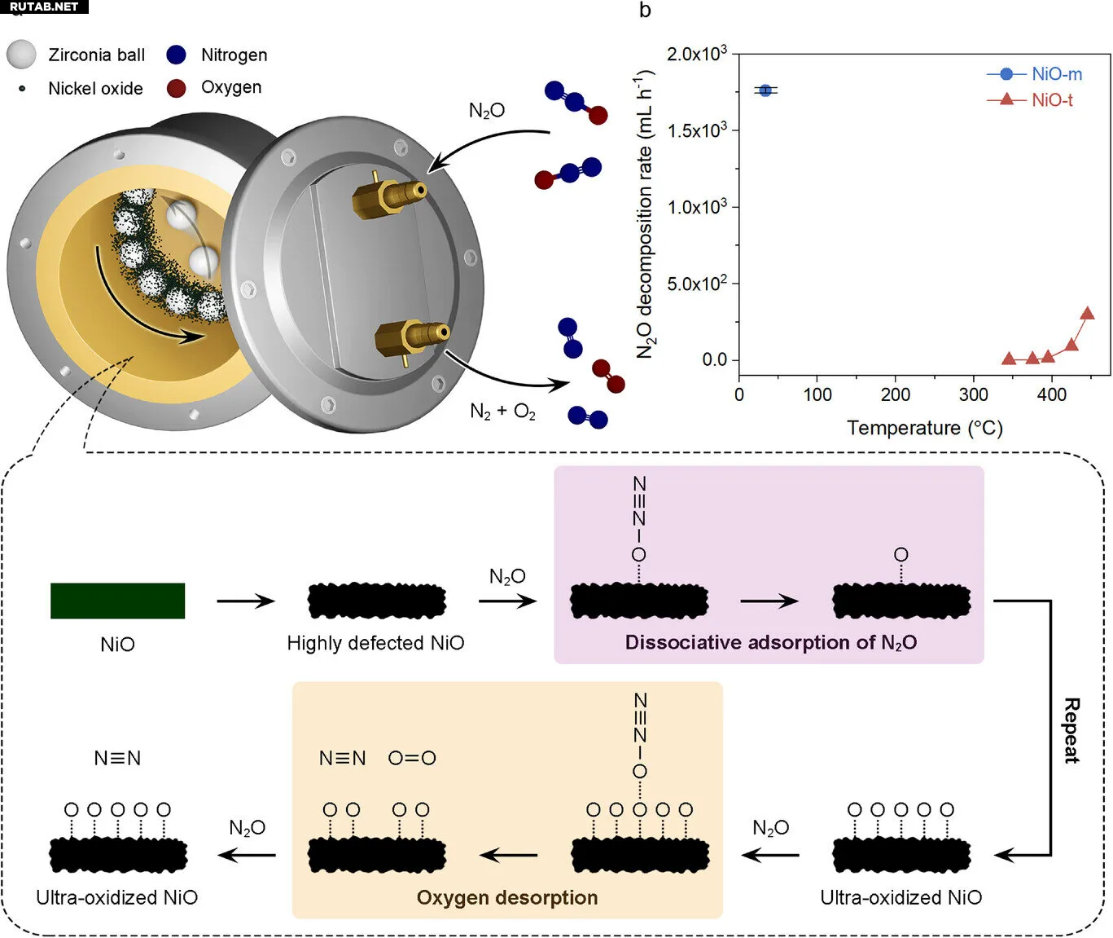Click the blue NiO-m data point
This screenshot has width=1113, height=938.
click(765, 90)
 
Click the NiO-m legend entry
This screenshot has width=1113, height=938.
click(1034, 74)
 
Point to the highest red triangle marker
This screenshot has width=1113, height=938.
click(1087, 314)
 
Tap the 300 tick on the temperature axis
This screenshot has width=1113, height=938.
click(974, 395)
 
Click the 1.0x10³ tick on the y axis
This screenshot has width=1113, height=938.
click(697, 207)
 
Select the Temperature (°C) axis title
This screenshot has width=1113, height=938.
click(924, 428)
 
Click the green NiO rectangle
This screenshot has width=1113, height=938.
click(117, 601)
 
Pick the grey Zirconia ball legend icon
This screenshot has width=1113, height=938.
click(21, 55)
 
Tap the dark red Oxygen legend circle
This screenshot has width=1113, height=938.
click(176, 88)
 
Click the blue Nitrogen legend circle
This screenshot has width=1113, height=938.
click(176, 55)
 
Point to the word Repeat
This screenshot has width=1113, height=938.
click(1071, 730)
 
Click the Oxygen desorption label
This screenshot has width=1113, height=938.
click(506, 898)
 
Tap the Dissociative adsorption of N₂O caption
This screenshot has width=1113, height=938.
click(770, 643)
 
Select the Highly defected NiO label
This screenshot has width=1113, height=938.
click(375, 643)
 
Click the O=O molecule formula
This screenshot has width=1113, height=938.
click(412, 759)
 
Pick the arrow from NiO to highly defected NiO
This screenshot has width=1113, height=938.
click(246, 601)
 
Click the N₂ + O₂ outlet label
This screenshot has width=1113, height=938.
click(502, 412)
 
